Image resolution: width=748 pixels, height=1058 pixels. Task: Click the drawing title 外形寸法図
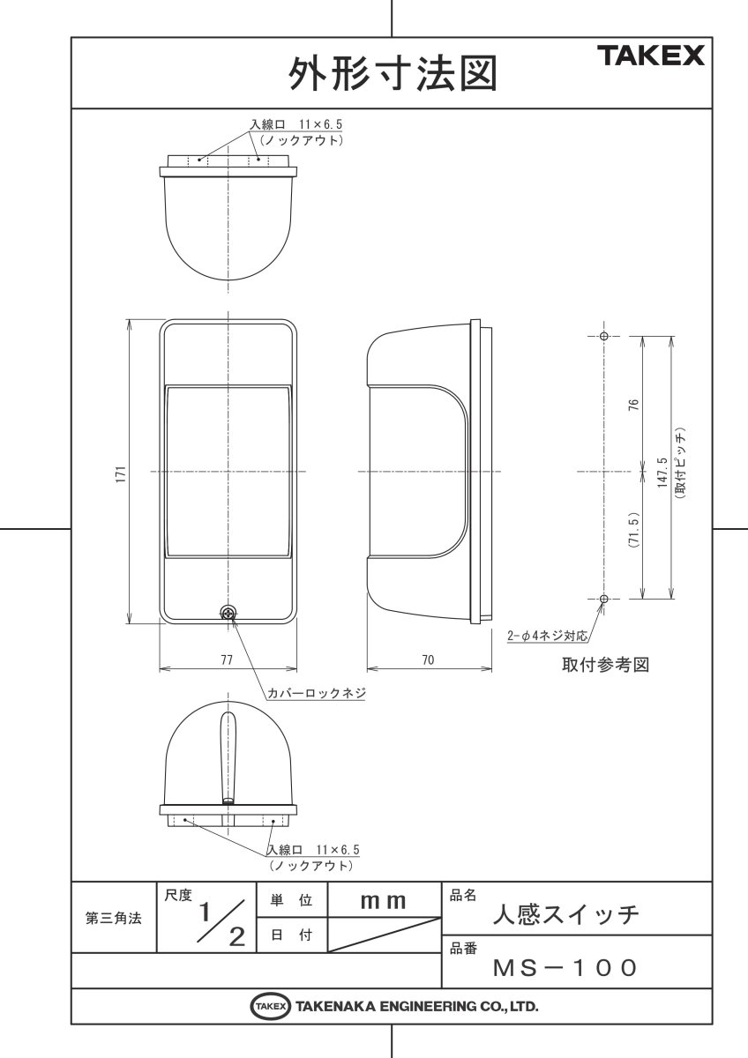[x=391, y=74]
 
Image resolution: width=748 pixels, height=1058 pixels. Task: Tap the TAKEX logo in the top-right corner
[x=652, y=56]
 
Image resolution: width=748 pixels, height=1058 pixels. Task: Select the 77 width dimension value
[x=227, y=660]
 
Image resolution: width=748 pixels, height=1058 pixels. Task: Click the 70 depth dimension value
[x=428, y=660]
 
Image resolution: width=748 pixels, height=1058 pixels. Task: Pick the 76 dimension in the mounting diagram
[x=633, y=405]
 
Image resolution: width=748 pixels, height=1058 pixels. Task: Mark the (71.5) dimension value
[x=633, y=535]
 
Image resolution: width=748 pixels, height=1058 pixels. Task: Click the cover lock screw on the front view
[x=228, y=612]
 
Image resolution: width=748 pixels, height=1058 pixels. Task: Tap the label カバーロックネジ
[x=317, y=693]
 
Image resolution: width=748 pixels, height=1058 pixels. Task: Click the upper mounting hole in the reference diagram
[x=603, y=337]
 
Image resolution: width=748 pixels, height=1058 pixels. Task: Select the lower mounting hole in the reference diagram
[x=603, y=599]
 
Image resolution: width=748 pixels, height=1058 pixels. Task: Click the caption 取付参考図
[x=605, y=665]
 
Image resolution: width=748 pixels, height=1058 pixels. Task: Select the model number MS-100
[x=565, y=968]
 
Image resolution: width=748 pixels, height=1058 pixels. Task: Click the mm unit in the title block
[x=383, y=900]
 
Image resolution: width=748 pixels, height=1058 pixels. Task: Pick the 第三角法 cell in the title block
[x=113, y=918]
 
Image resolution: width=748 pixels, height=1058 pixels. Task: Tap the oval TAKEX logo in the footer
[x=271, y=1006]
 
